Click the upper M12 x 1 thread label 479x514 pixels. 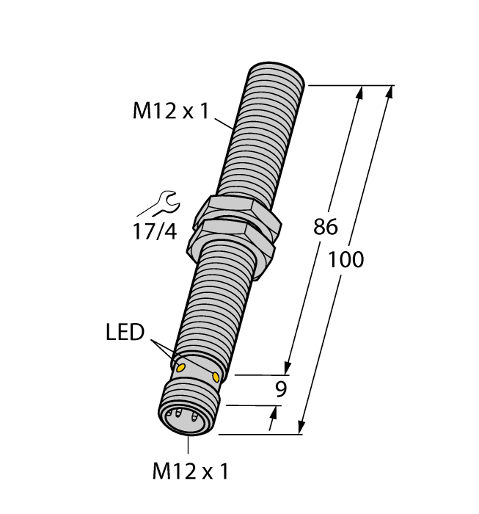tap(170, 112)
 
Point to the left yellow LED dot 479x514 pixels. tap(180, 365)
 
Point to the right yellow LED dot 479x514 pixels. tap(216, 376)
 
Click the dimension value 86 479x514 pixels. tap(325, 228)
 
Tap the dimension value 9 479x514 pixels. tap(279, 391)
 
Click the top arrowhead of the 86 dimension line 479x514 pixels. tap(360, 93)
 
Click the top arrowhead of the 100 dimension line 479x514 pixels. tap(389, 93)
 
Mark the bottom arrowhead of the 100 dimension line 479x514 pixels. tap(301, 427)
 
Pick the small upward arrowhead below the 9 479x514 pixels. tap(274, 415)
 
